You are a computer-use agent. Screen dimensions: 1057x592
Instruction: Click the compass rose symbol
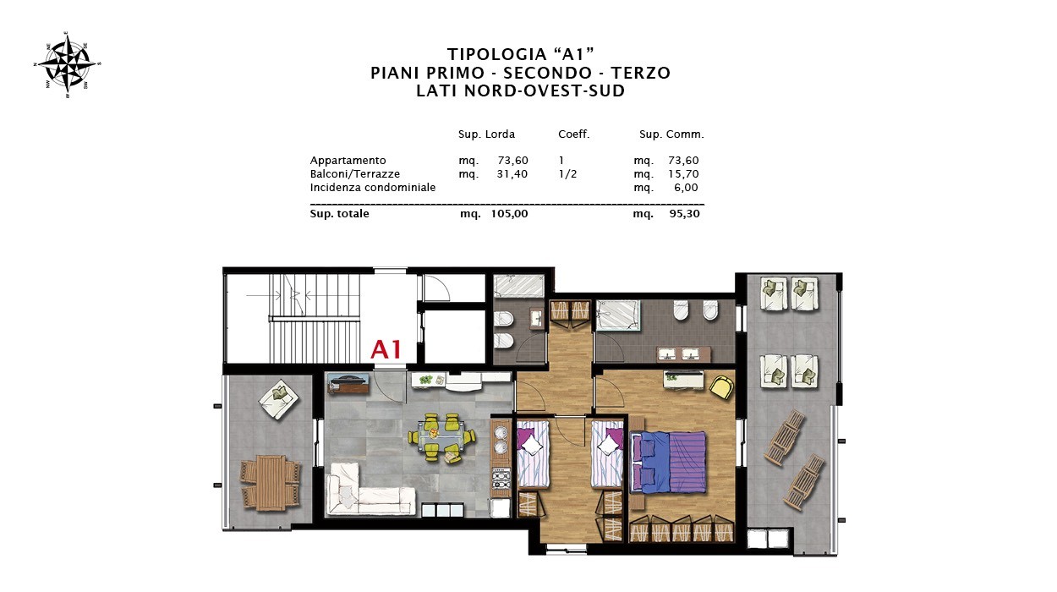click(x=68, y=64)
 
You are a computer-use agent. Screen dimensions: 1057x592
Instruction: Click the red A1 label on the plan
click(x=386, y=350)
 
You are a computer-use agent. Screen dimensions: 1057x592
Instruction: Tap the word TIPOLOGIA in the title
click(x=490, y=54)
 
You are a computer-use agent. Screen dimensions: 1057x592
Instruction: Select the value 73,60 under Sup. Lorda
click(x=513, y=161)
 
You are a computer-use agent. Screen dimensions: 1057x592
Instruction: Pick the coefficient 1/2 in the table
click(x=567, y=173)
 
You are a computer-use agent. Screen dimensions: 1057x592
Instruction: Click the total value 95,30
click(x=684, y=213)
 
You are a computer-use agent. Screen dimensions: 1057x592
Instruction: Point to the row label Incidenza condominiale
click(x=373, y=188)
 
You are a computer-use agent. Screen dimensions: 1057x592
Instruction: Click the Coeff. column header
click(x=574, y=134)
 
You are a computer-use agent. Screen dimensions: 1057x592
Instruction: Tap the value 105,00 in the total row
click(x=509, y=213)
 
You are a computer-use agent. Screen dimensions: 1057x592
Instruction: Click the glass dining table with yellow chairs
click(x=441, y=437)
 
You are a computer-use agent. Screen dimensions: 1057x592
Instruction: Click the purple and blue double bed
click(x=668, y=462)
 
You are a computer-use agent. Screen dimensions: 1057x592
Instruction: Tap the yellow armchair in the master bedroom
click(x=721, y=386)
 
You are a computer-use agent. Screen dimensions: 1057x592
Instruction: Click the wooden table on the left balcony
click(x=271, y=482)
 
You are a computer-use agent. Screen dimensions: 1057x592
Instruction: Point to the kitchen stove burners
click(x=501, y=480)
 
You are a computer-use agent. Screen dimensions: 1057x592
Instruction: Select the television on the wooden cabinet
click(x=348, y=379)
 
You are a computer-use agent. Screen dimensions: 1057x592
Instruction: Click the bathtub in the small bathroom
click(x=519, y=287)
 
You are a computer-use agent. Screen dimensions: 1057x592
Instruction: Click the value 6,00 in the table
click(x=686, y=188)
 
